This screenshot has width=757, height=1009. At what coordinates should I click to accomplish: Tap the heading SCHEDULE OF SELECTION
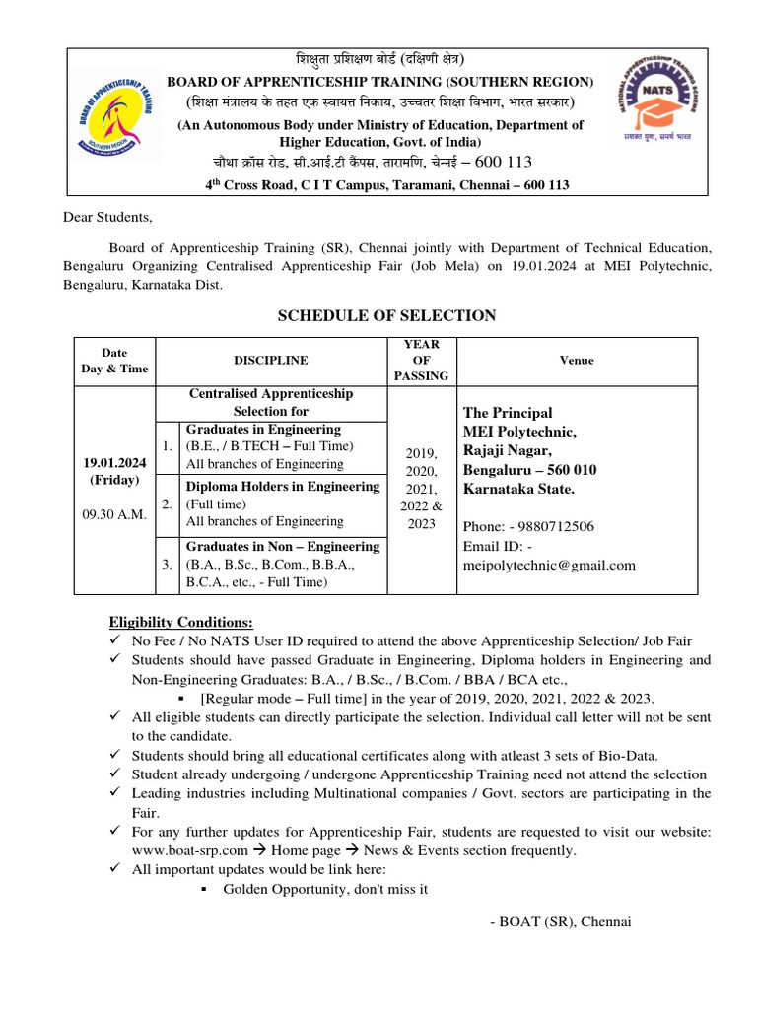coord(386,315)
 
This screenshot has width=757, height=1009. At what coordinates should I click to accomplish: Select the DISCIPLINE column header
coord(270,361)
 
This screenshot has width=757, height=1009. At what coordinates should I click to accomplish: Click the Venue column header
coord(577,361)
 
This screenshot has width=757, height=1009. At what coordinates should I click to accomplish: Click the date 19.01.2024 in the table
coord(116,462)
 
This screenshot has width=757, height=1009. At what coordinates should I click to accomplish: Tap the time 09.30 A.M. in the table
coord(116,513)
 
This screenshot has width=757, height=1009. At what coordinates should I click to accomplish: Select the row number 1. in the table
coord(167,446)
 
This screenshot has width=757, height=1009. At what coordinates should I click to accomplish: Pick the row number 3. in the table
coord(167,564)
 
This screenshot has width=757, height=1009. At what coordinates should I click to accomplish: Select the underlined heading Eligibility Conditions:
coord(180,623)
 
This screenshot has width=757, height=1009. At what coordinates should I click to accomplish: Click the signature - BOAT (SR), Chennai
coord(559,921)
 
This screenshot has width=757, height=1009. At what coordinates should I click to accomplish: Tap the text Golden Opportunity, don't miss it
coord(325,888)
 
